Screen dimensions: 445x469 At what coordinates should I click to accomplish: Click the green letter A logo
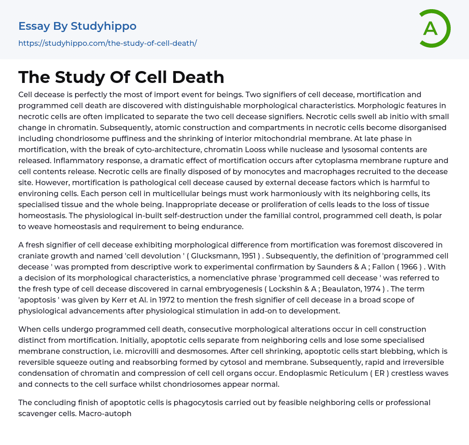pos(434,28)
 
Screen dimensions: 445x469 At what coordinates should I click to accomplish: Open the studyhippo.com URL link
pos(108,43)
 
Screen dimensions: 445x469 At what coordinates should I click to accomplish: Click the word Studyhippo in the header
pos(104,26)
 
